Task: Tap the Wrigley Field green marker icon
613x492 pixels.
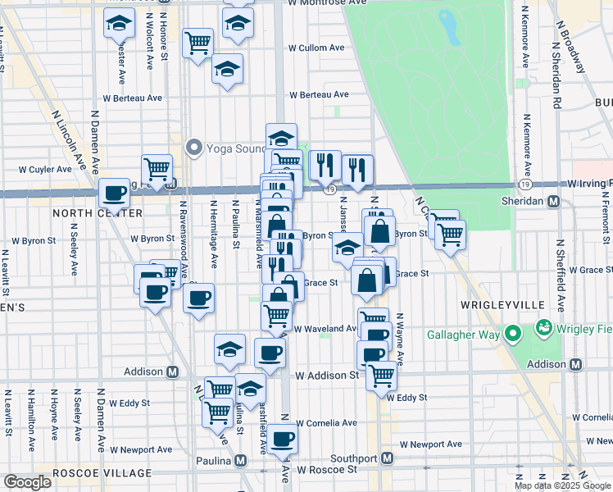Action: (x=542, y=329)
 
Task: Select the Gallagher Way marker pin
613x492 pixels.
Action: (x=513, y=334)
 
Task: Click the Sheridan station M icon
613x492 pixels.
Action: (x=554, y=201)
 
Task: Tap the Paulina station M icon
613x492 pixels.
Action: (x=241, y=460)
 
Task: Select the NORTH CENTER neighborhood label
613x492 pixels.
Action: (x=86, y=212)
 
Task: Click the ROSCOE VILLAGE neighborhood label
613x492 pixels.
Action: (x=102, y=473)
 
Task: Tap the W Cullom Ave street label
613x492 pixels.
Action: (x=316, y=48)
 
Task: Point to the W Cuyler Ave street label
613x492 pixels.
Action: (x=45, y=170)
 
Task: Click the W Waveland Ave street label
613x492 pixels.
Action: (x=325, y=328)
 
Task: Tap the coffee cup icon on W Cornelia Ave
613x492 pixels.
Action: (x=283, y=438)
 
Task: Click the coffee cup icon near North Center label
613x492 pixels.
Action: (x=114, y=194)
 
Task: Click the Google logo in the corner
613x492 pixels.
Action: (x=27, y=482)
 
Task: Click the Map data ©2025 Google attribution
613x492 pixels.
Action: (x=562, y=485)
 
